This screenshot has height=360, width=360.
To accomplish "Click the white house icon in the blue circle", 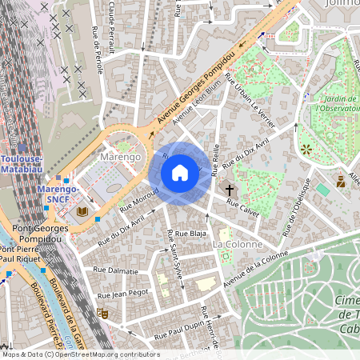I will click(180, 172).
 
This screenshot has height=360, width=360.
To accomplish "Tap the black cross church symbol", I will click(230, 190).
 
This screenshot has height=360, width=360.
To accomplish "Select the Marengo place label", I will click(122, 157).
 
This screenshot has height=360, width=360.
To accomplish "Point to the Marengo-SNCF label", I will click(58, 194).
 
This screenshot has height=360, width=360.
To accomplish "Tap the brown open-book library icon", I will click(82, 211).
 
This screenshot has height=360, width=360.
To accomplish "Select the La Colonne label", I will click(237, 243).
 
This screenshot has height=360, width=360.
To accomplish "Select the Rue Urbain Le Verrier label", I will click(251, 102).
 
